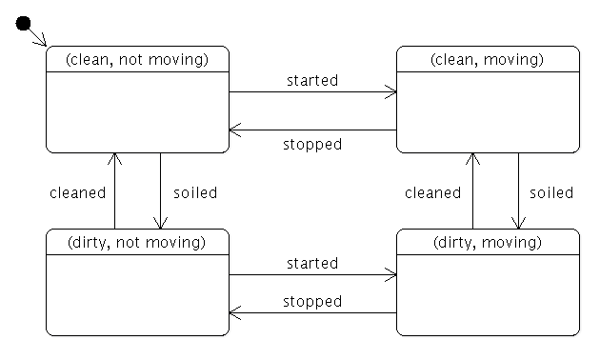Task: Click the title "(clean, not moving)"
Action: click(138, 59)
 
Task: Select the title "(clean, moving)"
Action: click(488, 59)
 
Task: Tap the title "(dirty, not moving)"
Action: click(137, 242)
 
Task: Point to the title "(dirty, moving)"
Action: click(487, 242)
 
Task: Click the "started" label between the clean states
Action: click(312, 80)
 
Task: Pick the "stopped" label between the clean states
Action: click(312, 144)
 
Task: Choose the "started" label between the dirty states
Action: click(312, 263)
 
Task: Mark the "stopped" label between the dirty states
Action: click(312, 301)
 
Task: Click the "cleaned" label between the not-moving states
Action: click(78, 192)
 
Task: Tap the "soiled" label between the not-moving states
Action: click(195, 192)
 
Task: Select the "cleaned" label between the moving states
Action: click(432, 192)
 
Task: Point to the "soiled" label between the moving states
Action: click(551, 192)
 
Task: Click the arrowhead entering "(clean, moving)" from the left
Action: click(391, 92)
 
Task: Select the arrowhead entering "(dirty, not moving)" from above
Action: click(161, 224)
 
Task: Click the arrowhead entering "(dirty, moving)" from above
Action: click(518, 224)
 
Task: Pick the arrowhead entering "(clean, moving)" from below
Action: click(470, 158)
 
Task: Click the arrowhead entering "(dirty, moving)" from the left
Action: click(391, 275)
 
